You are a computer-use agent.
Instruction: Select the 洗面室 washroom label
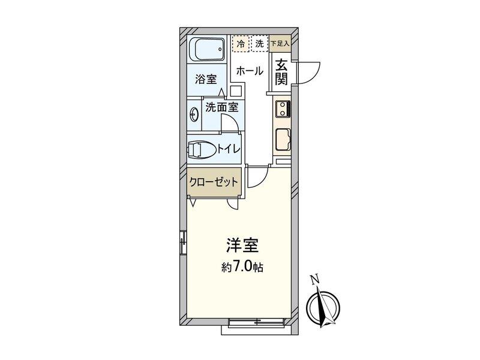222,108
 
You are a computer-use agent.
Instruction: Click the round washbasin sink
194,113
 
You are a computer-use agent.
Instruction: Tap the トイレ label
230,148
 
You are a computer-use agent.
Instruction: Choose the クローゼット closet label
214,182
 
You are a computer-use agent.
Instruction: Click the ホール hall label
249,71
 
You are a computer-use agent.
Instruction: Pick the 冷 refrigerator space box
241,43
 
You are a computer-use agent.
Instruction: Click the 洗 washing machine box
259,43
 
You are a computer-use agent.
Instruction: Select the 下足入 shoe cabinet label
280,43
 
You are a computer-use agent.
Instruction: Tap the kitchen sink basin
283,141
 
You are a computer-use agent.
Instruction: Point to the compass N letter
313,278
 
